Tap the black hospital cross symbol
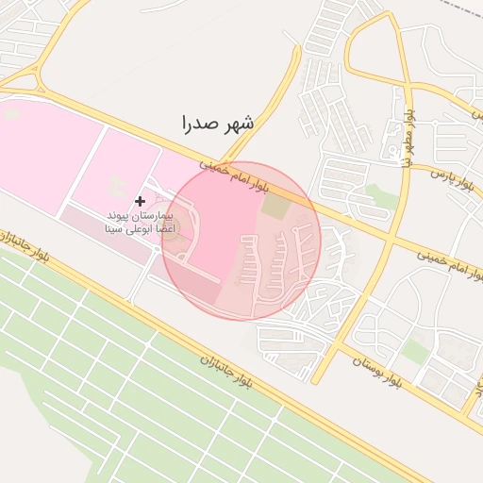click(x=141, y=201)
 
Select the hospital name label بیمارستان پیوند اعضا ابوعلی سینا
click(x=141, y=222)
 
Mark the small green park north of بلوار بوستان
click(x=415, y=350)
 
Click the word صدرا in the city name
click(x=201, y=123)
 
